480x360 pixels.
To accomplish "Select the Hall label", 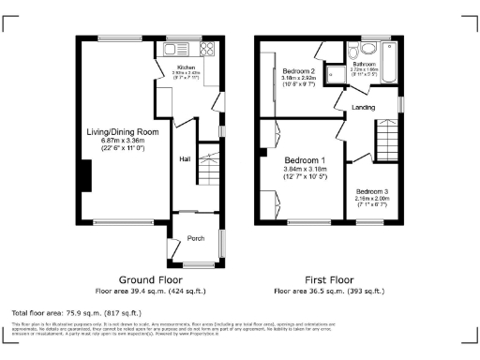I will pyautogui.click(x=185, y=159).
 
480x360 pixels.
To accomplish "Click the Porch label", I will pyautogui.click(x=196, y=238).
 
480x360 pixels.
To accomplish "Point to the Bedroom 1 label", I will pyautogui.click(x=305, y=159).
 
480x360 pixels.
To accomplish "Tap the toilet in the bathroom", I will pyautogui.click(x=366, y=50).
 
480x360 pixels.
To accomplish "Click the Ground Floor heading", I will pyautogui.click(x=150, y=280).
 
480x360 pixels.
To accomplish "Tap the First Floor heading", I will pyautogui.click(x=328, y=280).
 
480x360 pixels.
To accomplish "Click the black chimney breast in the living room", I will pyautogui.click(x=86, y=175).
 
